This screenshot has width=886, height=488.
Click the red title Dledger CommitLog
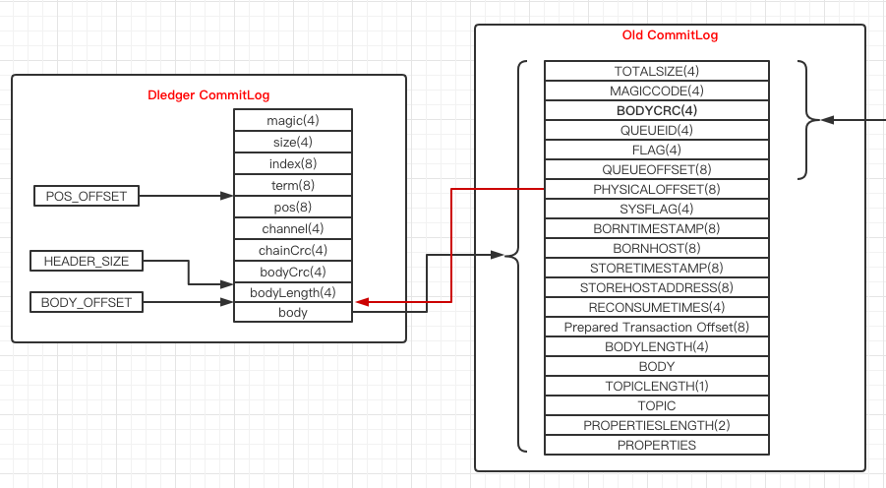point(208,95)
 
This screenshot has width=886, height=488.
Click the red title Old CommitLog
point(670,35)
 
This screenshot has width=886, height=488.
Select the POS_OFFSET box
point(87,196)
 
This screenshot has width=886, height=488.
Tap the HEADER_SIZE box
point(87,261)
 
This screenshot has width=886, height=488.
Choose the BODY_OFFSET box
point(87,302)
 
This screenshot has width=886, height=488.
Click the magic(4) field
point(293,120)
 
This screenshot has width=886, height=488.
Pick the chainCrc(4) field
point(293,250)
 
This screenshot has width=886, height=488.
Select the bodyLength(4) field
point(293,292)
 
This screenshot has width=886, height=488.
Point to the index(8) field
point(293,163)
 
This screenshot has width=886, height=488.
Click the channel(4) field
point(293,228)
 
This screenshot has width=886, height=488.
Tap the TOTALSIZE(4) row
point(657,71)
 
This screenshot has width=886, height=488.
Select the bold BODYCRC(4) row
point(657,110)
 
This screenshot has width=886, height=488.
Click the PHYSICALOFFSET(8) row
point(657,189)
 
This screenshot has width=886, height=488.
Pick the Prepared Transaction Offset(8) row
point(657,327)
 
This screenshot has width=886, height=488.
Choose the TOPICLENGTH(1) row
point(657,386)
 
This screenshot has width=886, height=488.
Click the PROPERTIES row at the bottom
point(657,445)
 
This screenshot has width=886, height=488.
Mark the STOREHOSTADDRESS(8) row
point(657,287)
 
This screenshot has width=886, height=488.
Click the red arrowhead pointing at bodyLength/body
point(362,302)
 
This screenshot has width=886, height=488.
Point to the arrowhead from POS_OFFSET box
point(226,196)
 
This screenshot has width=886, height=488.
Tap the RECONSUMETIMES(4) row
point(657,307)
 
